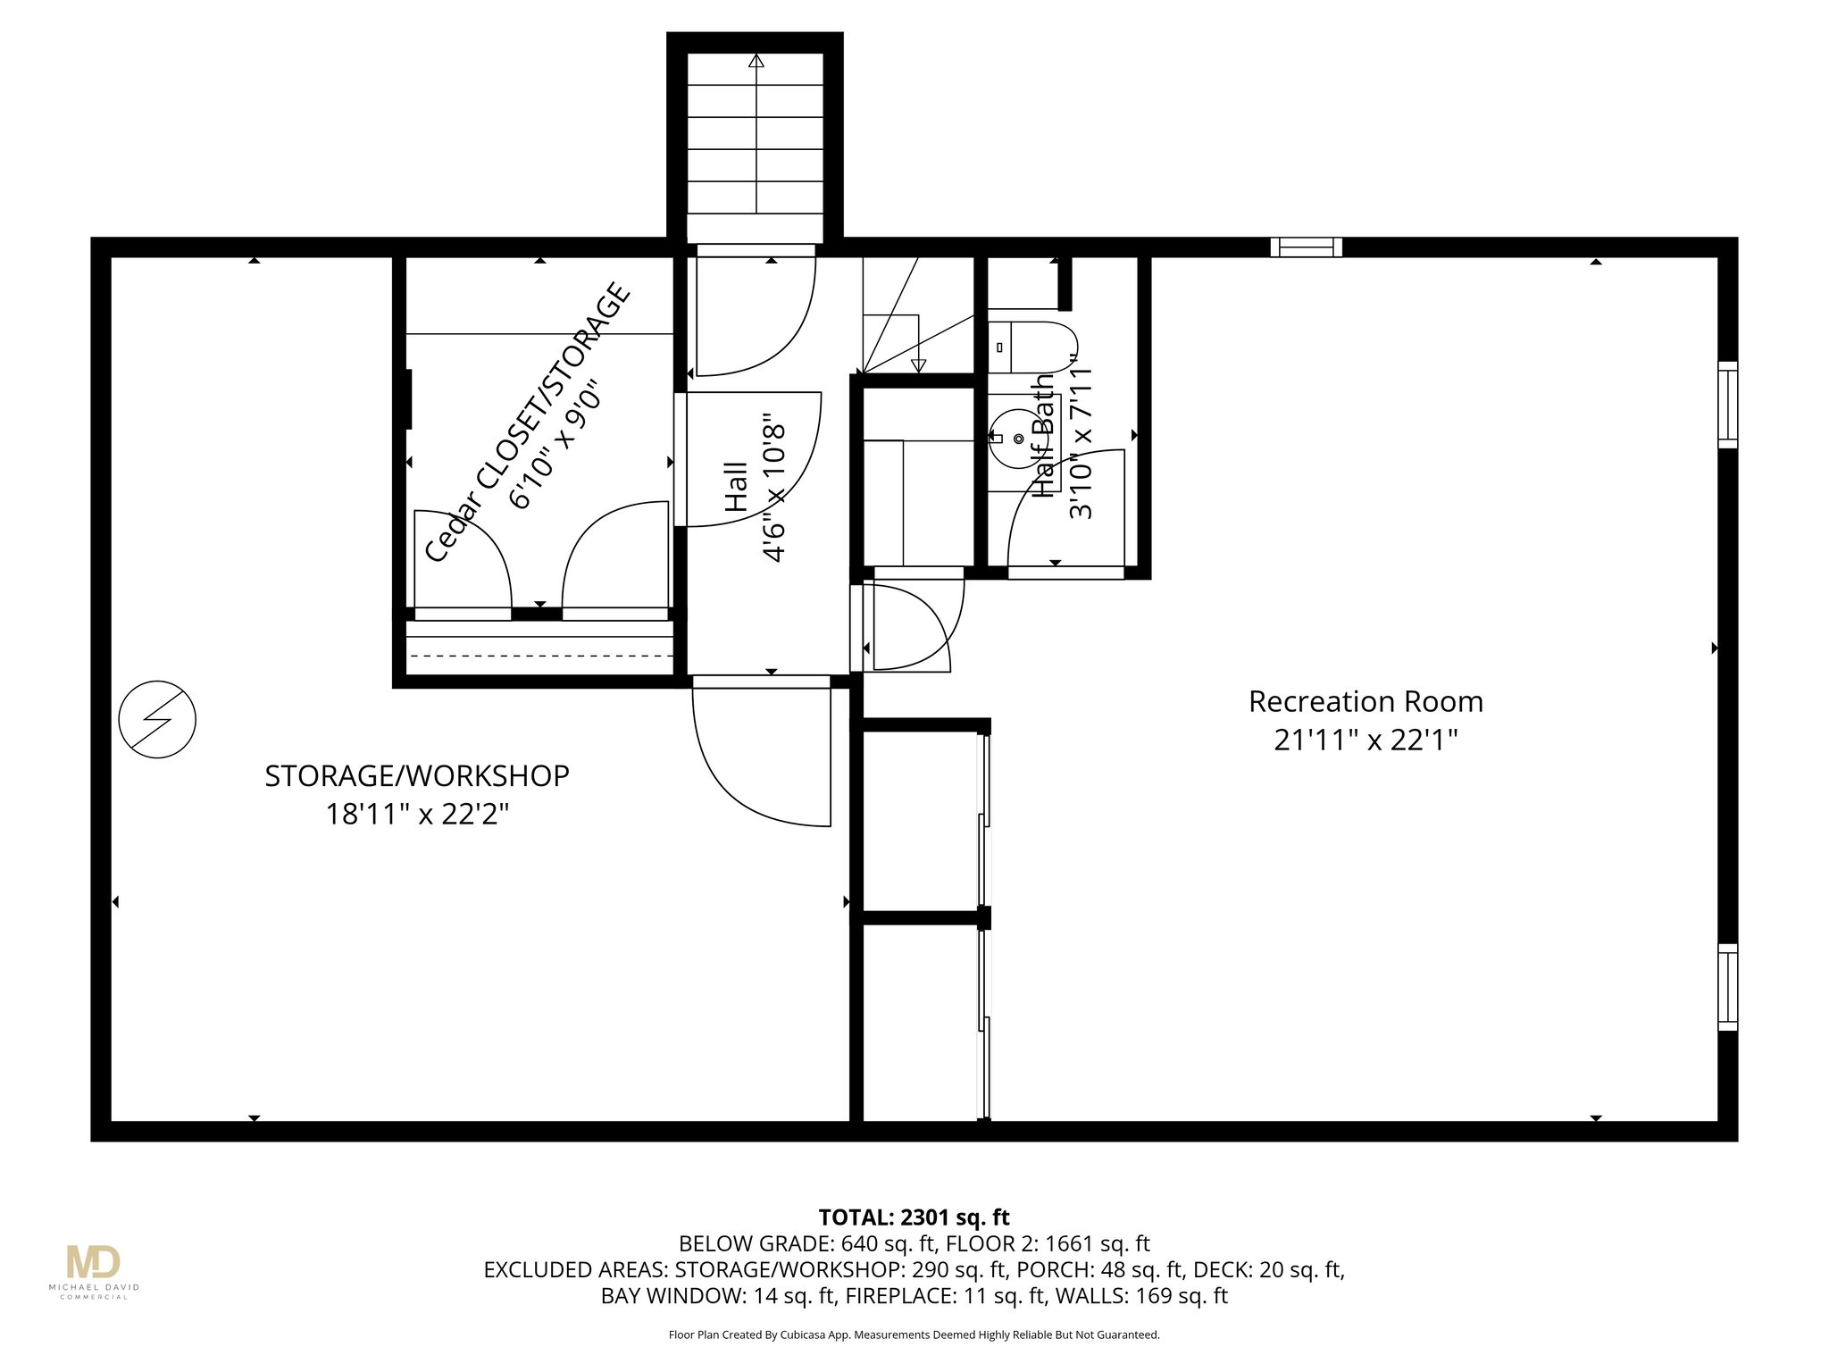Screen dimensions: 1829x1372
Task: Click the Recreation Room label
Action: click(1365, 702)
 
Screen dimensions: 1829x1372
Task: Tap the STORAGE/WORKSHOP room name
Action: click(417, 776)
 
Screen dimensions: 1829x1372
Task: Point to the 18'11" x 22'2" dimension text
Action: click(417, 815)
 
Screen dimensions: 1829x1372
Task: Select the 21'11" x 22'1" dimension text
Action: click(1365, 740)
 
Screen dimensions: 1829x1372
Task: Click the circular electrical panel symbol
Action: click(157, 720)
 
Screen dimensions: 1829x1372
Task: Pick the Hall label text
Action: click(735, 487)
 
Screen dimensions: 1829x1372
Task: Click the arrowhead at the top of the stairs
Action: click(756, 61)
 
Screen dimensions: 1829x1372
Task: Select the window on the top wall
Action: click(1307, 247)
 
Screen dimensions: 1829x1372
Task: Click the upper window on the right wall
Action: click(1728, 405)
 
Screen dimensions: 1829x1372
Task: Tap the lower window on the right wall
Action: click(1728, 987)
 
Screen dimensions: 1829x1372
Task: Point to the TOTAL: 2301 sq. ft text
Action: click(914, 1217)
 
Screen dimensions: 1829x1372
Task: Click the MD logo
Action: click(93, 1262)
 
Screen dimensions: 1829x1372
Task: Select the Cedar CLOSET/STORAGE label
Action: click(528, 422)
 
